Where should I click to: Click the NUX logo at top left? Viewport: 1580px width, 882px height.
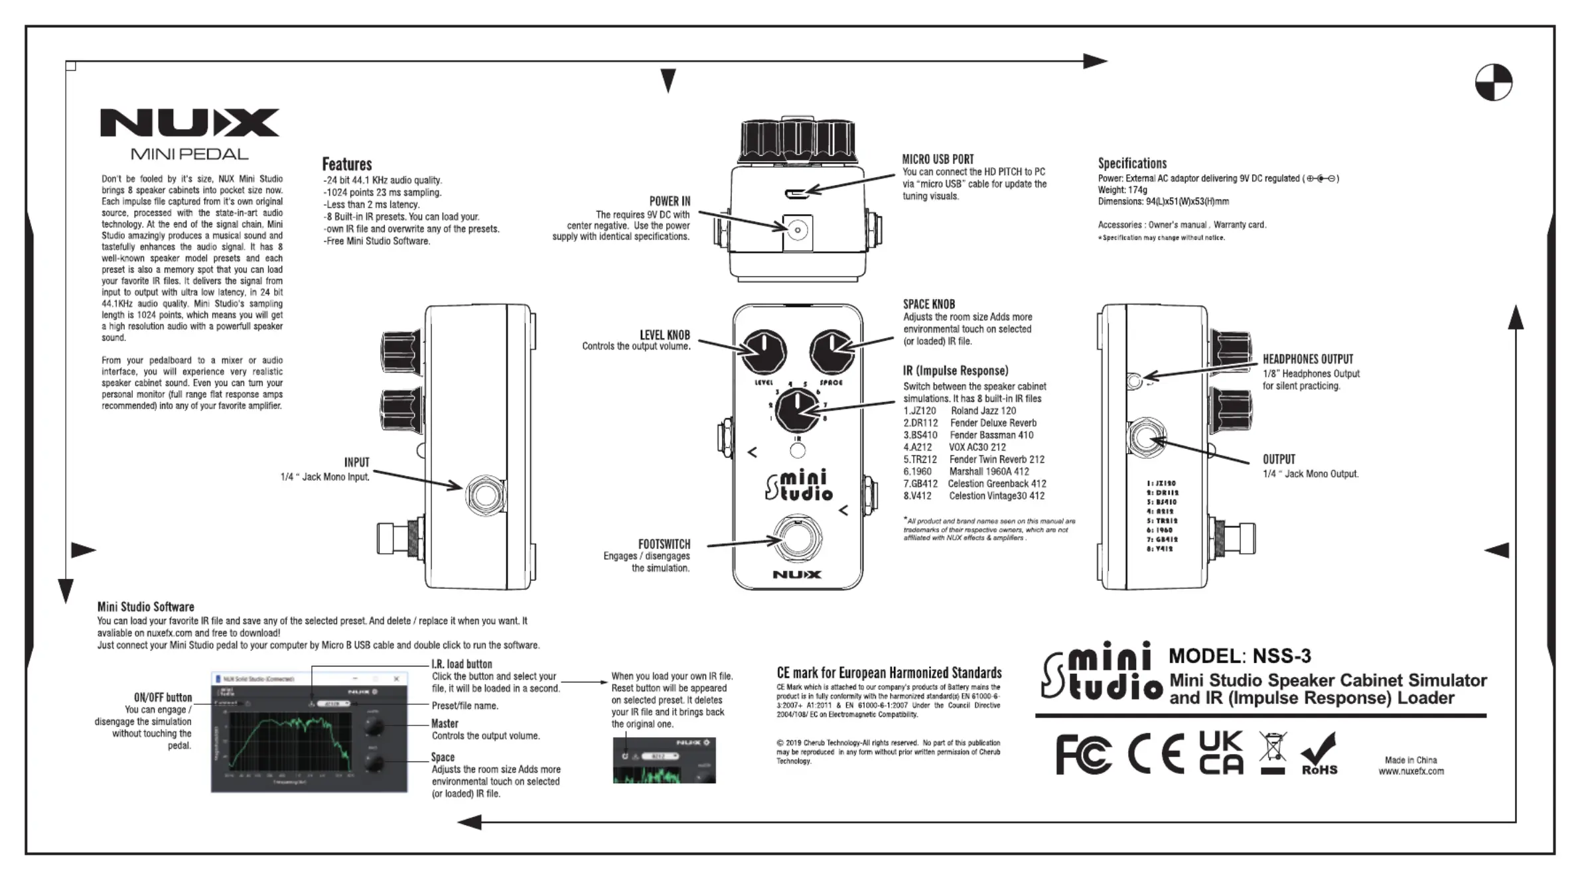click(190, 123)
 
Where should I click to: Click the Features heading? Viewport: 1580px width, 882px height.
click(346, 164)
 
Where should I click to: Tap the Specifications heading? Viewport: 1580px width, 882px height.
click(1131, 163)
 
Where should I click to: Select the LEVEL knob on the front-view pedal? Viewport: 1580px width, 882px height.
click(764, 352)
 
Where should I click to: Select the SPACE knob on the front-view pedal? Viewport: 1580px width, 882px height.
click(831, 352)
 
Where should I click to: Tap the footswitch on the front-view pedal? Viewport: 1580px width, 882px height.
click(797, 538)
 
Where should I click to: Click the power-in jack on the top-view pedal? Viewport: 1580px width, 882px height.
click(798, 231)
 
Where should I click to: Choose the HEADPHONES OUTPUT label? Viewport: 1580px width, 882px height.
click(1307, 359)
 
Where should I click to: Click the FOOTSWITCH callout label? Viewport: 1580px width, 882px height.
click(664, 544)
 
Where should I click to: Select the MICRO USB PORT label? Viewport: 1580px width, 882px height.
click(938, 159)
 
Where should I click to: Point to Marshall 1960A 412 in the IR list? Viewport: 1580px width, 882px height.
click(989, 472)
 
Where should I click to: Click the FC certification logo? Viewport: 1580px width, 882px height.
click(1083, 755)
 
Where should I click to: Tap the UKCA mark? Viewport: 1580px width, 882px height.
click(1221, 753)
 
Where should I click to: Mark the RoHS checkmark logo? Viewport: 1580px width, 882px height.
click(1319, 754)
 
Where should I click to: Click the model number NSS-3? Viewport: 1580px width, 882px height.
click(1281, 656)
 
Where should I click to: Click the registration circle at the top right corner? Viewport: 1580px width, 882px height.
click(1493, 82)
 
